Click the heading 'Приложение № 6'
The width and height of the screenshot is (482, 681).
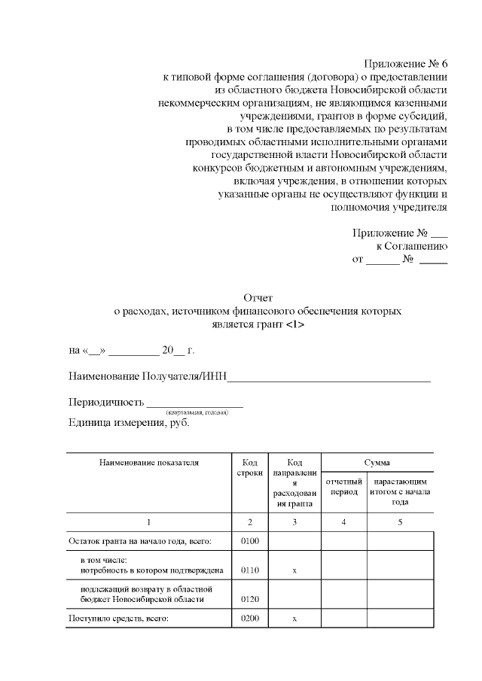406,63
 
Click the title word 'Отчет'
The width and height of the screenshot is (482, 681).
259,298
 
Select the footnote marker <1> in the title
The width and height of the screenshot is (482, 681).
295,324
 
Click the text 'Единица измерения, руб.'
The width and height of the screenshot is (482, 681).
129,423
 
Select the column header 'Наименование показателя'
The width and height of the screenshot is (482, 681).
148,463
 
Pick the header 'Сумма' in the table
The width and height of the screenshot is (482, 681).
377,463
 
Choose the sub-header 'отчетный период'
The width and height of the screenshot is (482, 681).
344,486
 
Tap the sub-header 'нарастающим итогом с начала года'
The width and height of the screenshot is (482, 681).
400,491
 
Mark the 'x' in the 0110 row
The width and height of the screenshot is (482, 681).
294,571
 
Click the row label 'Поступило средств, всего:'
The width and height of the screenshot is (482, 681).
118,619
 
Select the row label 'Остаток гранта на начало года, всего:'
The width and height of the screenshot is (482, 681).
139,541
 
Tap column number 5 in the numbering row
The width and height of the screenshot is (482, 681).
400,522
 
